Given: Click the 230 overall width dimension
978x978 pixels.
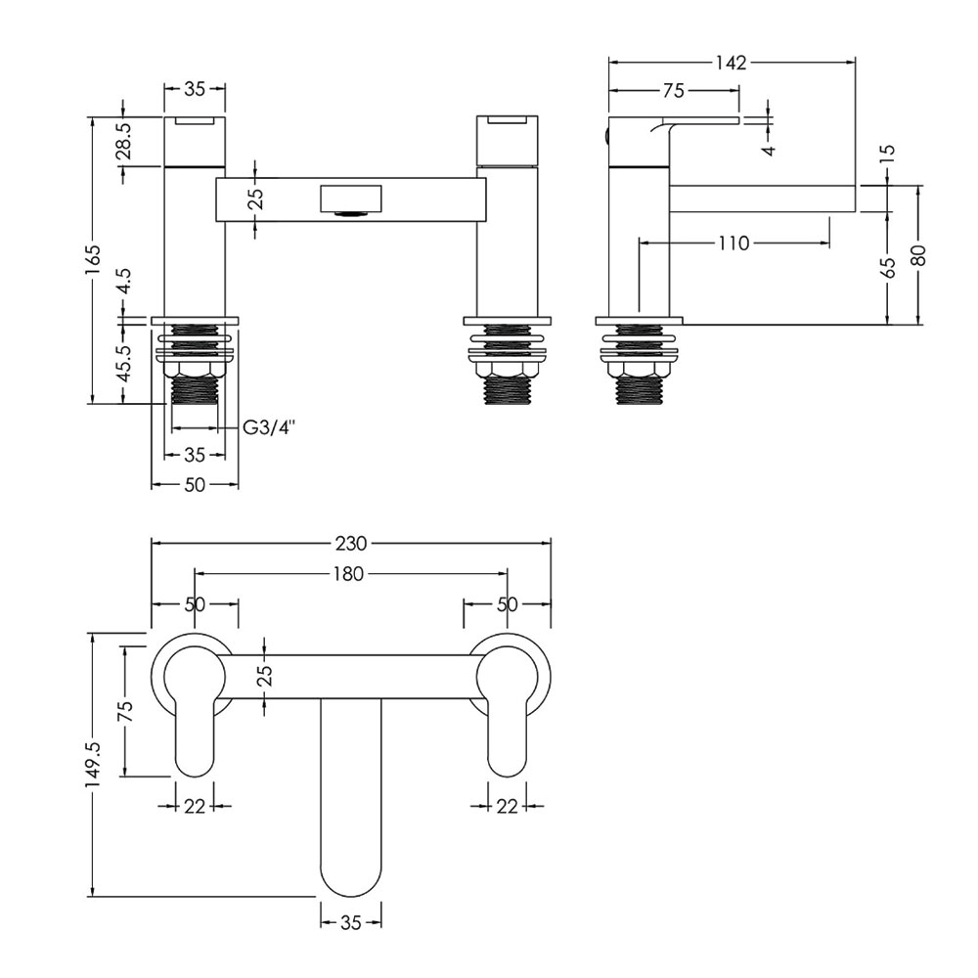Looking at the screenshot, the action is [x=351, y=544].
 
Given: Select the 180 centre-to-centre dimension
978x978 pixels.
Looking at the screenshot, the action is [x=349, y=573].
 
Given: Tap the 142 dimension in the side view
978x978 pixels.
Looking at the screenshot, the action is [x=731, y=63].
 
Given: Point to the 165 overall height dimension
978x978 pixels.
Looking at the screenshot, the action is [x=93, y=260].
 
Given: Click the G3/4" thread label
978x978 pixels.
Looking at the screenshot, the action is [x=268, y=428].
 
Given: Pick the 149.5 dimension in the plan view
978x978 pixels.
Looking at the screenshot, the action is [x=93, y=764].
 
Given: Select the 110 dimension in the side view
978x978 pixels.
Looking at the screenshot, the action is [x=733, y=243].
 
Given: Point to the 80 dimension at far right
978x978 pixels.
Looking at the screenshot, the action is [x=919, y=255].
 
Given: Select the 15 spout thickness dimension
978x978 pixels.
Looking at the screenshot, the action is [x=889, y=152].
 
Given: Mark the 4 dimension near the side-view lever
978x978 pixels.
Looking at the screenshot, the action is [x=770, y=151].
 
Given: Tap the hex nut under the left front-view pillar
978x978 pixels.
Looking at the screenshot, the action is [x=195, y=370].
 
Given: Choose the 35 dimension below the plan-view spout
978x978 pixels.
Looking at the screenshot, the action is [x=350, y=922].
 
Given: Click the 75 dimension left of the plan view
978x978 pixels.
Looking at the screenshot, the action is [x=125, y=712].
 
